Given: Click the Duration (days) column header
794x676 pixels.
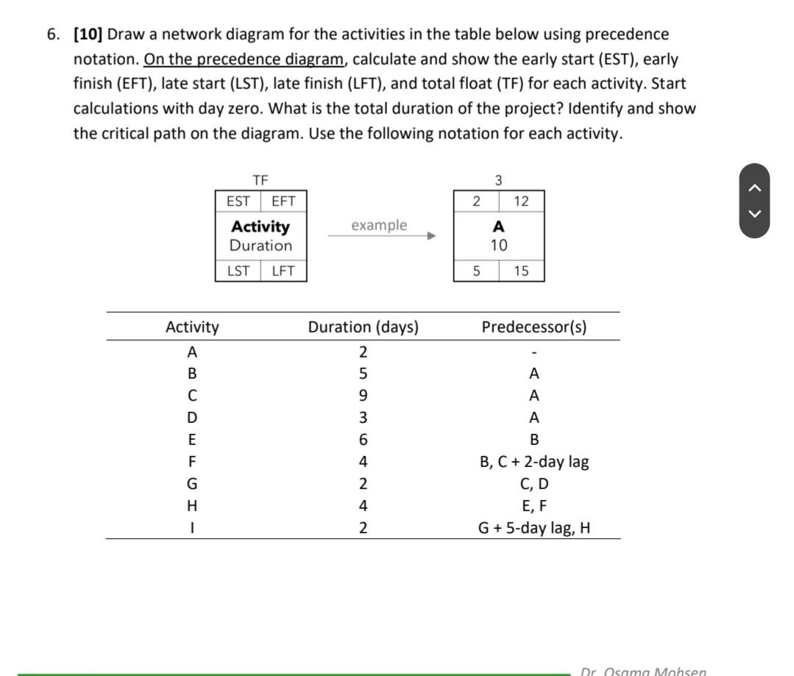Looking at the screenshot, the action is (x=363, y=327).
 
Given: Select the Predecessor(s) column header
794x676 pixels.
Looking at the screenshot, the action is (x=534, y=327).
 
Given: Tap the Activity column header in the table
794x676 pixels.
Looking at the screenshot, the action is (x=192, y=327).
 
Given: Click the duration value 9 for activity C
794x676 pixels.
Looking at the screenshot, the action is (x=363, y=396).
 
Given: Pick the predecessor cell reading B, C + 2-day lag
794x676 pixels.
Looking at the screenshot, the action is (x=534, y=462).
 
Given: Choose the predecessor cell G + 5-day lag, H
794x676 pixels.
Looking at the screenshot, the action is (x=534, y=527).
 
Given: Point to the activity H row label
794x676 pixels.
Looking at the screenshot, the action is (x=192, y=506).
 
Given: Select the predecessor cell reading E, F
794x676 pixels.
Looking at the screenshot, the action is (x=534, y=506).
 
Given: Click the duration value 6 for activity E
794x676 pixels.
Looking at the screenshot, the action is (x=363, y=440).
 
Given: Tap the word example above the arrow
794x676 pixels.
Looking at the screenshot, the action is (x=379, y=225).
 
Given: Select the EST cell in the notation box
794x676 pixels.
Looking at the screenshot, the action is (x=238, y=201).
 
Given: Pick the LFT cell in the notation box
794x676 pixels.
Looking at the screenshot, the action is (x=283, y=271).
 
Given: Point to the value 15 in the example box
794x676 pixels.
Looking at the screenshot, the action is (x=521, y=271).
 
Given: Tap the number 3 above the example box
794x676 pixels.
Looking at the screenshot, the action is (x=498, y=180).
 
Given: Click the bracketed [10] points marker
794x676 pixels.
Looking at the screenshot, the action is (x=88, y=35).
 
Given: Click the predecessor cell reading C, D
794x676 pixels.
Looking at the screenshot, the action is (x=534, y=484).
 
